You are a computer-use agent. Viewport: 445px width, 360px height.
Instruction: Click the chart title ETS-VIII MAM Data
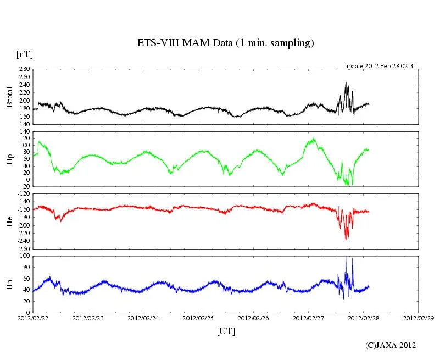pyautogui.click(x=225, y=43)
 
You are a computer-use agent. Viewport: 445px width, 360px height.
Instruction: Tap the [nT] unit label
pyautogui.click(x=24, y=54)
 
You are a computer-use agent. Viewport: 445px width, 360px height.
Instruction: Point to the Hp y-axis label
pyautogui.click(x=9, y=159)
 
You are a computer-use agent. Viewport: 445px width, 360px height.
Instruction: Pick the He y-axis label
pyautogui.click(x=9, y=221)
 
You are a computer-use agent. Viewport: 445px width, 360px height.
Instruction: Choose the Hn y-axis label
pyautogui.click(x=9, y=284)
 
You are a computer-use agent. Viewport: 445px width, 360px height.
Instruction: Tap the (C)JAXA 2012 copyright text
pyautogui.click(x=391, y=345)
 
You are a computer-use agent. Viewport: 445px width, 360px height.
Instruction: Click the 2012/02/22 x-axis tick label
pyautogui.click(x=33, y=318)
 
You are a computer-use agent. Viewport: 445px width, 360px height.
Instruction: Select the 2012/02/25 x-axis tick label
pyautogui.click(x=198, y=318)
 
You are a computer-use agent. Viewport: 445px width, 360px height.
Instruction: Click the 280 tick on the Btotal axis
pyautogui.click(x=23, y=69)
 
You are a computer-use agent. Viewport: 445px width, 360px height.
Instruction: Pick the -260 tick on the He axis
pyautogui.click(x=22, y=248)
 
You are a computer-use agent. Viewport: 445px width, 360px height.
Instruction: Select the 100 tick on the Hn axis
pyautogui.click(x=23, y=256)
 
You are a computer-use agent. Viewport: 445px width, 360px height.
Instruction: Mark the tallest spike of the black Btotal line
pyautogui.click(x=346, y=82)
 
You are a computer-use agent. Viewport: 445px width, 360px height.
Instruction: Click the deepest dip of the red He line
pyautogui.click(x=346, y=240)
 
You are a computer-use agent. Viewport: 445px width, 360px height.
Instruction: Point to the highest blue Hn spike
pyautogui.click(x=346, y=257)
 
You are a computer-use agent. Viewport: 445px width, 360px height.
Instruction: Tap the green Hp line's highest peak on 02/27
pyautogui.click(x=314, y=138)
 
